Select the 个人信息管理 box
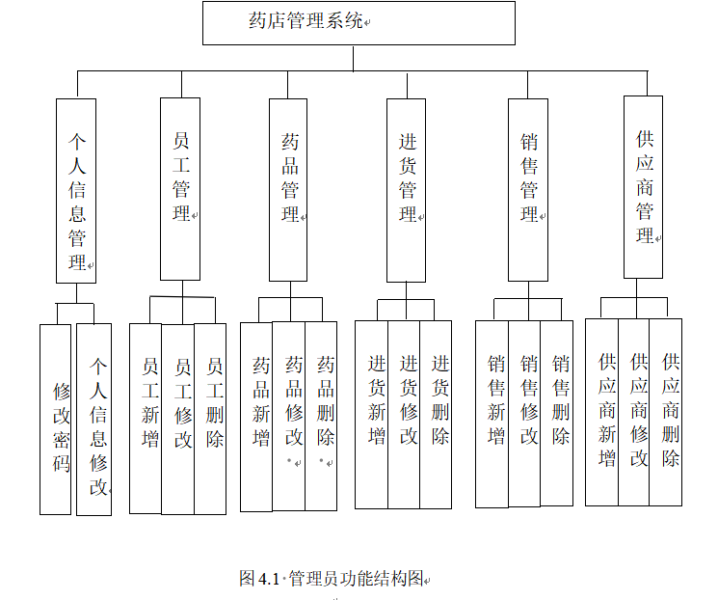[76, 190]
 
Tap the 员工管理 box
[180, 187]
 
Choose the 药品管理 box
[290, 187]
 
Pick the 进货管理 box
[407, 189]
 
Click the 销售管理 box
[528, 189]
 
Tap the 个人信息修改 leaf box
[94, 419]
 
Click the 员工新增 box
[146, 417]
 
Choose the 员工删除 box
[210, 417]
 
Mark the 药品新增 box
[256, 415]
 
